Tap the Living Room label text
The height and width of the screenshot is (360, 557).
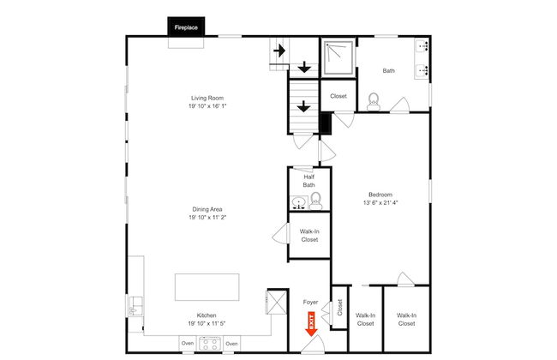click(x=207, y=98)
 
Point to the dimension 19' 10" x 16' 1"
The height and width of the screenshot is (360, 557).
click(x=207, y=106)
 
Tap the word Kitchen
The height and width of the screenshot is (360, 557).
click(x=207, y=315)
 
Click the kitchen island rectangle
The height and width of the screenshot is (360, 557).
click(x=207, y=286)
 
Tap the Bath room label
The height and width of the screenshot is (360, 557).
click(x=388, y=71)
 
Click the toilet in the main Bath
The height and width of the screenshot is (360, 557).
click(x=373, y=101)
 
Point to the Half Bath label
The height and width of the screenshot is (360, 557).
click(x=309, y=181)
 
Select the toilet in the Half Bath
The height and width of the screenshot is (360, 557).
click(x=315, y=201)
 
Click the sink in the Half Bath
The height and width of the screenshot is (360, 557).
click(x=298, y=203)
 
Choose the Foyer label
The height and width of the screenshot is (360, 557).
click(x=310, y=302)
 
